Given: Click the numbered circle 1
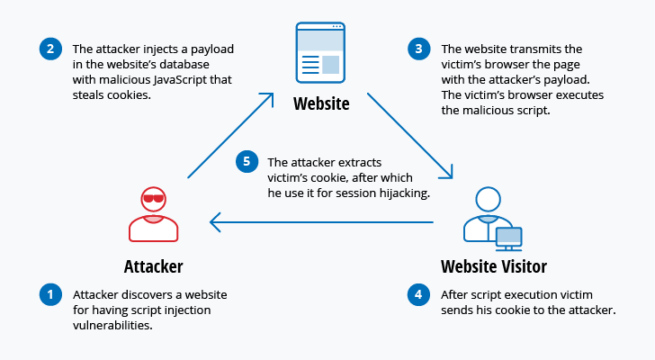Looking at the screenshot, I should (x=49, y=294).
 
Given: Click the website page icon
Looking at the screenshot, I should (x=320, y=52).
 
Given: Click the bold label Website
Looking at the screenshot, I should (x=321, y=104).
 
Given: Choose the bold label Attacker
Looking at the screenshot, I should (x=153, y=266).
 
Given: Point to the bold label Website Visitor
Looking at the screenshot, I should (x=494, y=266).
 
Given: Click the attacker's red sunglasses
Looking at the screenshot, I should (x=153, y=199).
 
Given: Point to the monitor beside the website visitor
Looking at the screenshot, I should (x=508, y=237).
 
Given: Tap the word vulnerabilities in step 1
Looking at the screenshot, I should (x=112, y=327).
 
